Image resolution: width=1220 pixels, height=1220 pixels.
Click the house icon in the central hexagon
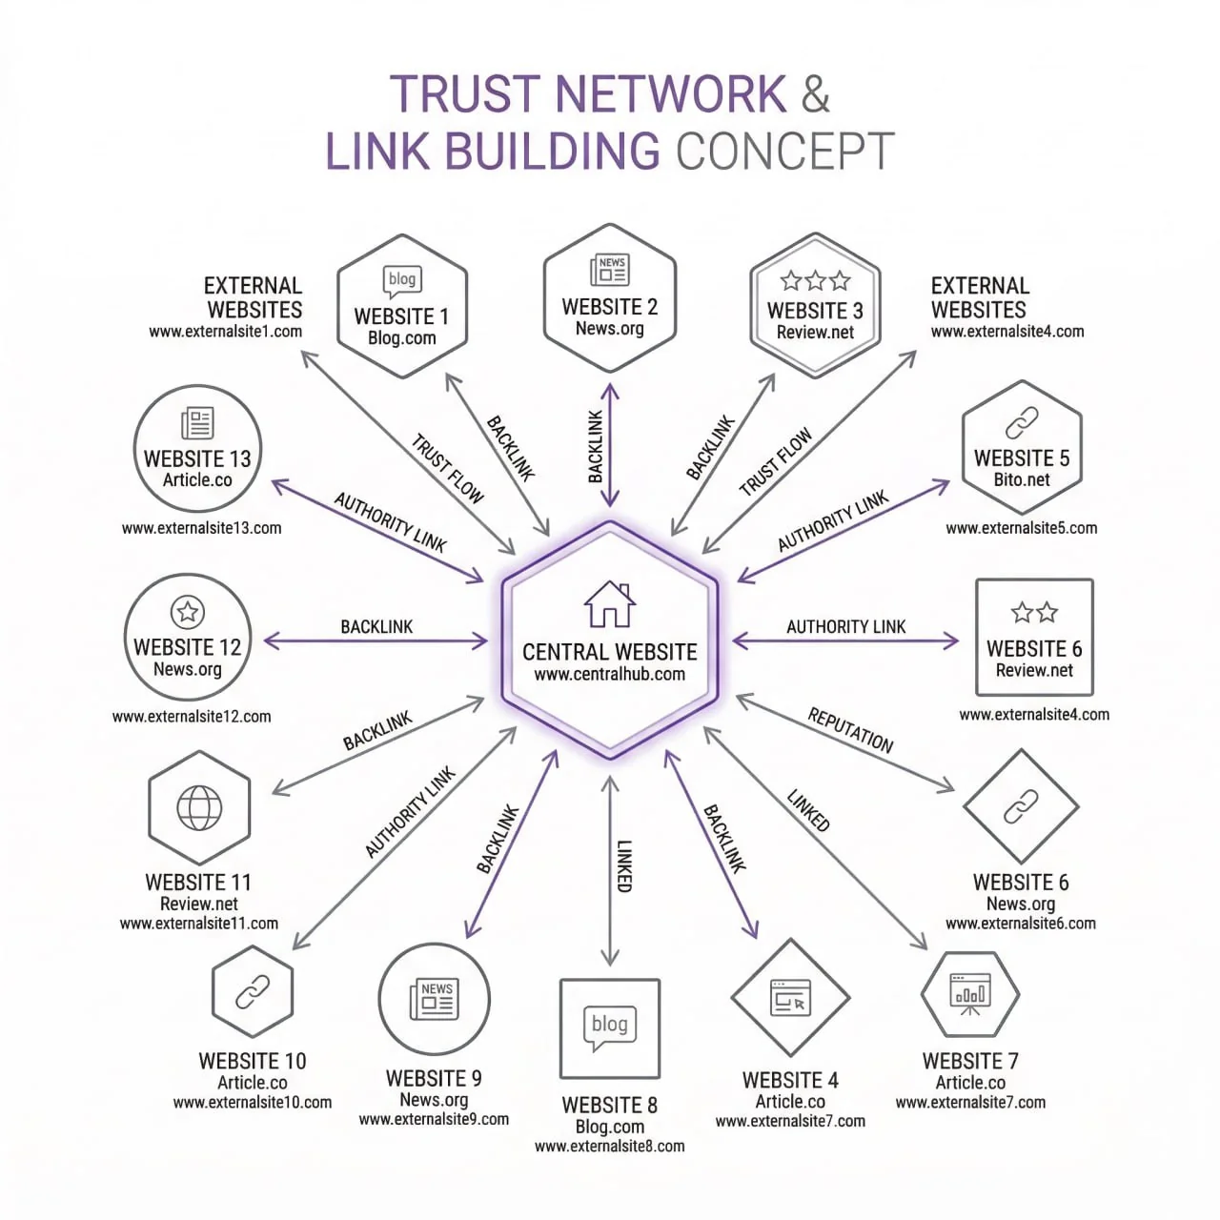tap(610, 604)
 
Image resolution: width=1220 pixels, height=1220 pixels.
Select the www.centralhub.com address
tap(610, 675)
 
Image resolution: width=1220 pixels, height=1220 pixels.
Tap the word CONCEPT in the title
tap(785, 152)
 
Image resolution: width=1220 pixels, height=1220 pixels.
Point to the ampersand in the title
tap(816, 93)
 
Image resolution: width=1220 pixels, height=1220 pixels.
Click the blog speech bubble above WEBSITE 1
tap(402, 280)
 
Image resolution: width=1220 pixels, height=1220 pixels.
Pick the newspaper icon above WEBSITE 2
tap(610, 271)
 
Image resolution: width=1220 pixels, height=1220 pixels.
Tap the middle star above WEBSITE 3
tap(815, 280)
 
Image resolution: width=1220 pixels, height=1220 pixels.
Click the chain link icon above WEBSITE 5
tap(1022, 422)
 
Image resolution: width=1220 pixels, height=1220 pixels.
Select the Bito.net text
tap(1022, 479)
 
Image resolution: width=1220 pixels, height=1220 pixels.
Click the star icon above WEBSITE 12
tap(188, 611)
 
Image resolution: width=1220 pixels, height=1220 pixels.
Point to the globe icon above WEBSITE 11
tap(199, 808)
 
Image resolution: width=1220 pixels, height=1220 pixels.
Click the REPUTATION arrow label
tap(851, 731)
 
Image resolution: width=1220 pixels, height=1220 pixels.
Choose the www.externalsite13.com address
tap(201, 528)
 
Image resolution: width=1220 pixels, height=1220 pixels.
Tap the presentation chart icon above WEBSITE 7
tap(970, 993)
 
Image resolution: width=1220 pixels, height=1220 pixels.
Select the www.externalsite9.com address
tap(434, 1120)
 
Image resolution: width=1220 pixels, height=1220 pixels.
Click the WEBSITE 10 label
tap(253, 1061)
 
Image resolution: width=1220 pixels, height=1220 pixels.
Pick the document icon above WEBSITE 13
tap(197, 422)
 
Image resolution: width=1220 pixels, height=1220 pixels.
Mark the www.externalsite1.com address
tap(225, 332)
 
